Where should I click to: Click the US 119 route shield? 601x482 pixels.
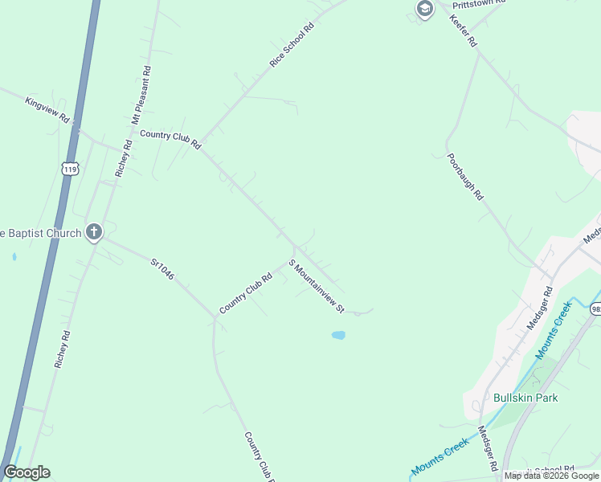pyautogui.click(x=70, y=169)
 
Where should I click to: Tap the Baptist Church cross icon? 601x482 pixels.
pyautogui.click(x=94, y=233)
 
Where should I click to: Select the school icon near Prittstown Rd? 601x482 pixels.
pyautogui.click(x=424, y=9)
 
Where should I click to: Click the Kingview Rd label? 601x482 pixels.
pyautogui.click(x=48, y=110)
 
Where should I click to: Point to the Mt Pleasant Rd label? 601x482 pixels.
pyautogui.click(x=141, y=94)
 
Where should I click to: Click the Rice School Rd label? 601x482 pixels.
pyautogui.click(x=292, y=44)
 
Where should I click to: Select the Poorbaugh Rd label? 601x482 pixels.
pyautogui.click(x=465, y=175)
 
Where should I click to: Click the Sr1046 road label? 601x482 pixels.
pyautogui.click(x=162, y=269)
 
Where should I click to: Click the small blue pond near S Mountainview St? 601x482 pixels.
pyautogui.click(x=338, y=335)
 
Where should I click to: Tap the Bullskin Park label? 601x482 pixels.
pyautogui.click(x=525, y=398)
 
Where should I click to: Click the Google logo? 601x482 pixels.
pyautogui.click(x=27, y=472)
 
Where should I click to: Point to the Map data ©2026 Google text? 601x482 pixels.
pyautogui.click(x=552, y=476)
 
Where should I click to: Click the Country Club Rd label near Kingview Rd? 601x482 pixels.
pyautogui.click(x=170, y=139)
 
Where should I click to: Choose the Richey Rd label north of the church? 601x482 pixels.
pyautogui.click(x=123, y=158)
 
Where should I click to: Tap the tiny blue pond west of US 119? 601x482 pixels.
pyautogui.click(x=14, y=258)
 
